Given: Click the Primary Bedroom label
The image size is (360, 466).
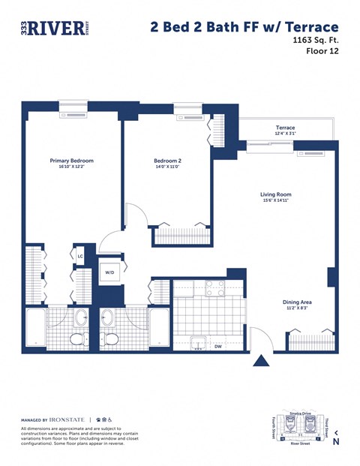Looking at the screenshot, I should coord(71,161).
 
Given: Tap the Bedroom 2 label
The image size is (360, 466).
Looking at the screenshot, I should coord(168,161).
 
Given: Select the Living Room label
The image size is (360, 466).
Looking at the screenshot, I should coord(275,194).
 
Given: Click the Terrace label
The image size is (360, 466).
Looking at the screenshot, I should coord(285,128).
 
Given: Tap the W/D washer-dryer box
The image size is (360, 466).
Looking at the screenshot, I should coord(109,272).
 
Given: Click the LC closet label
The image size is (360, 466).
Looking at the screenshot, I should coord(80,257).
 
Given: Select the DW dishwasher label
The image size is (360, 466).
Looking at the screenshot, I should coord(217,347).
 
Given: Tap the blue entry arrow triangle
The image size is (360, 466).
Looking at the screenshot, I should coord(261,361).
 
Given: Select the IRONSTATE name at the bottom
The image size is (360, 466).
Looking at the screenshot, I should coord(67,419).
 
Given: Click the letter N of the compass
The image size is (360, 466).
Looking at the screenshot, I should coord(335,442).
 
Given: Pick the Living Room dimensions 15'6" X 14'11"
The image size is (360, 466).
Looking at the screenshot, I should coord(275,200).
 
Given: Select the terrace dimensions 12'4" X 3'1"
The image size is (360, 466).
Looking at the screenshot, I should coord(285,134).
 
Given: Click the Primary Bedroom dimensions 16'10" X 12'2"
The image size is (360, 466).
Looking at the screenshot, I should coord(71,167).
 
